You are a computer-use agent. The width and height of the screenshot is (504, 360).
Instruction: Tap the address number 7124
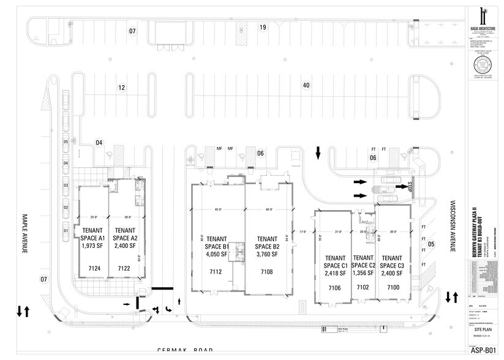coord(94,268)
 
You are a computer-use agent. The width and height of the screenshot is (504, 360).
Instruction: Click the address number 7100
coord(392,287)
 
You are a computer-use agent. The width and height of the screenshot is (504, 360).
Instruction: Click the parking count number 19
coord(262,28)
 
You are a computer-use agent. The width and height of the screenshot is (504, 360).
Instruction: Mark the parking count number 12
coord(122,88)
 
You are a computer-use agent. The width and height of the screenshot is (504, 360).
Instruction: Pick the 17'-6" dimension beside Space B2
coord(302,231)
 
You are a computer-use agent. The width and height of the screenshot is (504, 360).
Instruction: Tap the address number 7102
coord(363,287)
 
